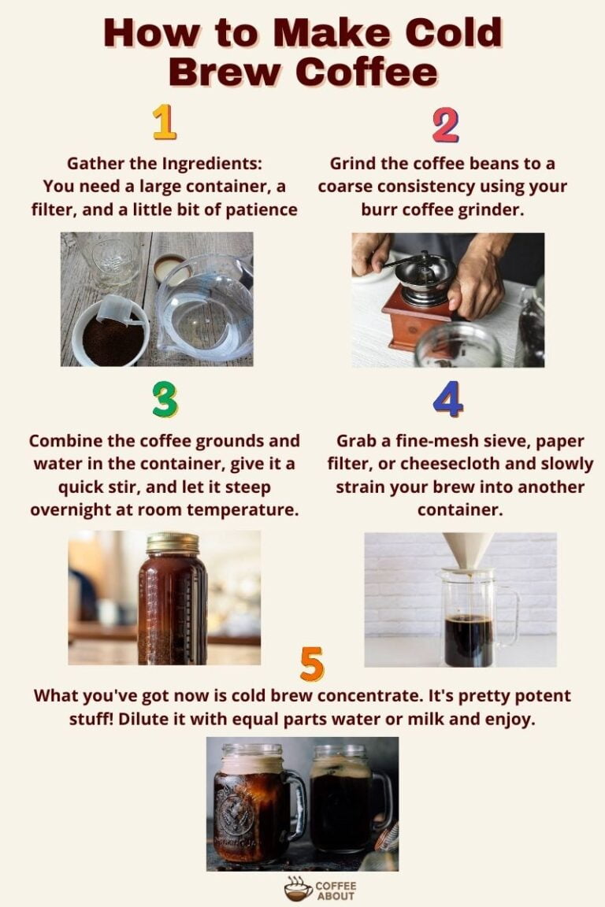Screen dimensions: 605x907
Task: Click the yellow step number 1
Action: point(165,122)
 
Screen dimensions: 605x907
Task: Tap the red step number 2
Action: point(445,125)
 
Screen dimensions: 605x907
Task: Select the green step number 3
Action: point(165,400)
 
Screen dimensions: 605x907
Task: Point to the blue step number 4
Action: point(448,398)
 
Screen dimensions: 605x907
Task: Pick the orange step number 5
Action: point(312,664)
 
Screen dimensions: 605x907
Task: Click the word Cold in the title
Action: point(453,32)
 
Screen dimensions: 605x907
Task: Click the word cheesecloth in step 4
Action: point(469,464)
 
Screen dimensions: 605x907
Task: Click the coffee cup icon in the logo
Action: point(299,889)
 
